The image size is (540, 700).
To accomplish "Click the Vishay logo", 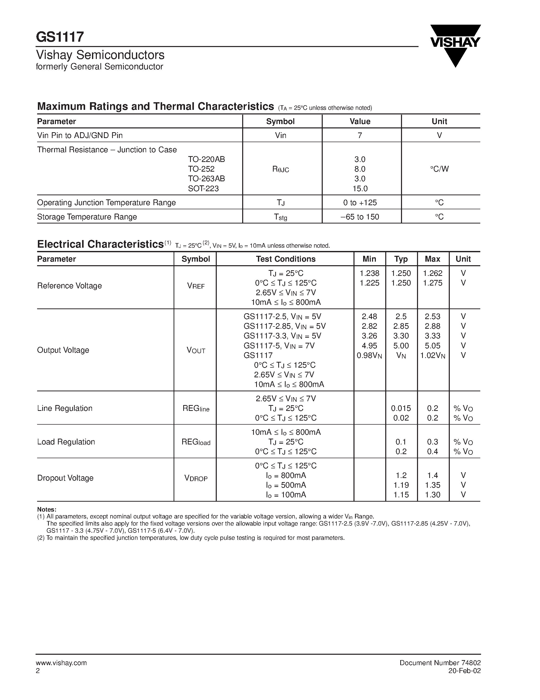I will [x=455, y=45].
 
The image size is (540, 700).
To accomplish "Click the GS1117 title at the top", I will [x=60, y=37].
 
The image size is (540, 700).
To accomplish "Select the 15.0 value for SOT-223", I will [x=360, y=188].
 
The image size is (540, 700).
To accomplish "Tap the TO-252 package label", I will [x=201, y=169].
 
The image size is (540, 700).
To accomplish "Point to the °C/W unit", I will [x=439, y=169].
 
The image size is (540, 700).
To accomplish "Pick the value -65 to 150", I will [x=360, y=217].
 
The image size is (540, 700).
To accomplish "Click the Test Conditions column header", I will [x=285, y=259].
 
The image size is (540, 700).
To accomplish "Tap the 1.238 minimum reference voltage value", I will [x=369, y=273].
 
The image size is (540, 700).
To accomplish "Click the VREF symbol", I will [x=196, y=286].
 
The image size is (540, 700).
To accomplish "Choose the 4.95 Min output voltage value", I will [x=369, y=346].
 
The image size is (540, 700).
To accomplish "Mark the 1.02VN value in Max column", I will [x=433, y=355].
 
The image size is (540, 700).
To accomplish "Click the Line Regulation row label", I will [x=65, y=408].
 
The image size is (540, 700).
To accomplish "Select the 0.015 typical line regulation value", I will [x=401, y=408].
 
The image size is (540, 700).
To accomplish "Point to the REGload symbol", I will [x=196, y=442].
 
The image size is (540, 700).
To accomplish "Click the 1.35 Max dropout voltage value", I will [x=433, y=485].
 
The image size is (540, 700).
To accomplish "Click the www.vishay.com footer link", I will [x=61, y=663].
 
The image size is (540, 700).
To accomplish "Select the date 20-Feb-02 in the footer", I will [x=465, y=671].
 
